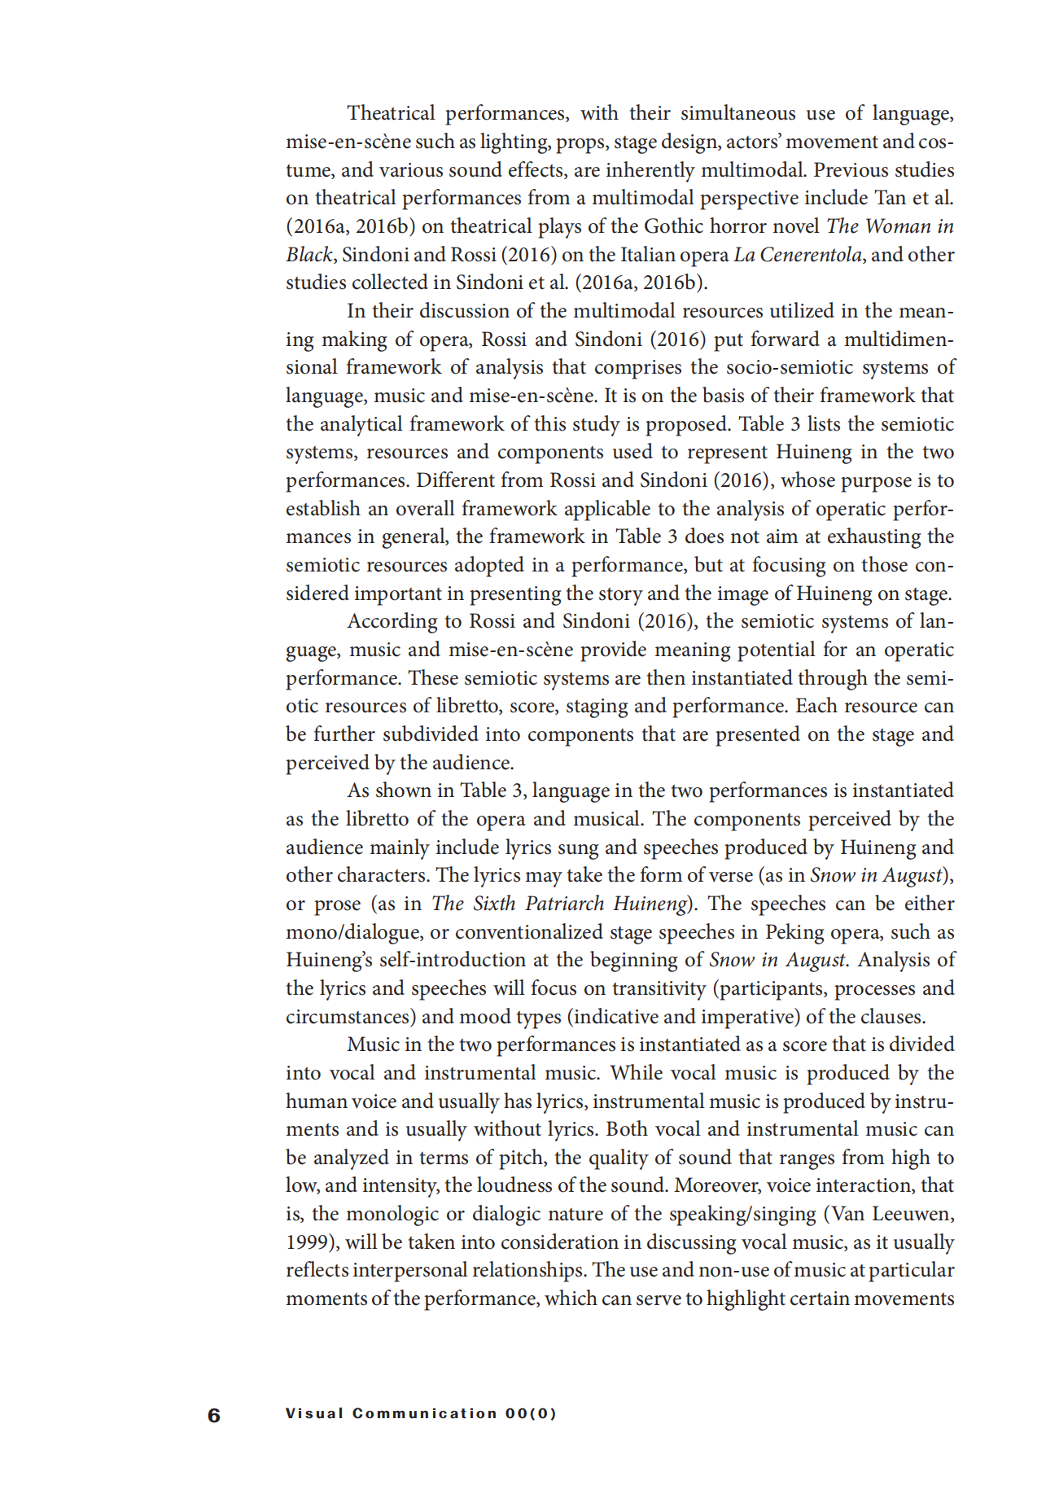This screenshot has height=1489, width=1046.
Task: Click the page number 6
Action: point(214,1415)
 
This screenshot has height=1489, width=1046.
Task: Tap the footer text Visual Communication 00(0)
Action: point(421,1413)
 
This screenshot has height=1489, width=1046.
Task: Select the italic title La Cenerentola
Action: point(797,255)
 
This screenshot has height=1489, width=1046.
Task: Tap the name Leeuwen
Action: point(913,1214)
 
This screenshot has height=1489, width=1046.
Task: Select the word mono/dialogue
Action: point(351,932)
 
